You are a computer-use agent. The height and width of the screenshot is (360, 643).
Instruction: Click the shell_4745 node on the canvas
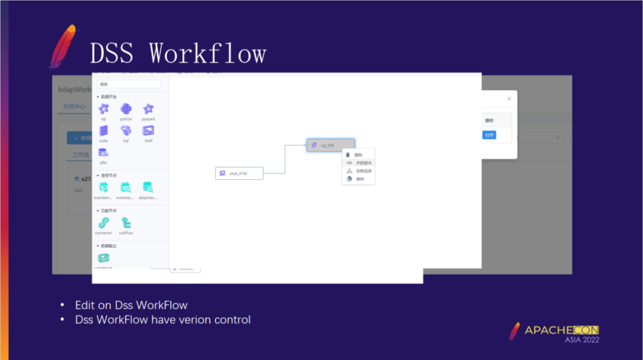[239, 173]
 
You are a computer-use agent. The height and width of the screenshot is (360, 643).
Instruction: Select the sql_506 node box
[331, 145]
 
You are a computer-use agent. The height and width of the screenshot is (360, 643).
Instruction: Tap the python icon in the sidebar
[126, 109]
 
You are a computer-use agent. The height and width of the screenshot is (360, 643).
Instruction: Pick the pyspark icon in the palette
[148, 109]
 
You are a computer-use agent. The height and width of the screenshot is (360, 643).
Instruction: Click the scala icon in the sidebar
[104, 131]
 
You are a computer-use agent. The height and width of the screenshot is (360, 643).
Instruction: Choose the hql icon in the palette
[126, 131]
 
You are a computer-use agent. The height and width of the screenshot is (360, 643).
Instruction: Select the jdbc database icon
[104, 153]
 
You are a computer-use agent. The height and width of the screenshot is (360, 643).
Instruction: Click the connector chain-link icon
[104, 223]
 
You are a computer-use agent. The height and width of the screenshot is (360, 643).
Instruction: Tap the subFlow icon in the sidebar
[126, 223]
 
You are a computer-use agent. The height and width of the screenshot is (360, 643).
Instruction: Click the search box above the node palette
[129, 84]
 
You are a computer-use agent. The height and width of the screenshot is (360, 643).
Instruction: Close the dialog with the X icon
[508, 99]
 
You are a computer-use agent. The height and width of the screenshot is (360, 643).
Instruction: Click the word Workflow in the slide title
[207, 53]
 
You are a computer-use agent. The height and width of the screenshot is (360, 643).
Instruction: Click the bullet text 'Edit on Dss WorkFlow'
[131, 305]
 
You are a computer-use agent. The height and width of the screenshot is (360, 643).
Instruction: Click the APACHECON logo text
[561, 330]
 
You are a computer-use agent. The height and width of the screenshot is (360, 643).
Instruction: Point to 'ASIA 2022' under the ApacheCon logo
[582, 340]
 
